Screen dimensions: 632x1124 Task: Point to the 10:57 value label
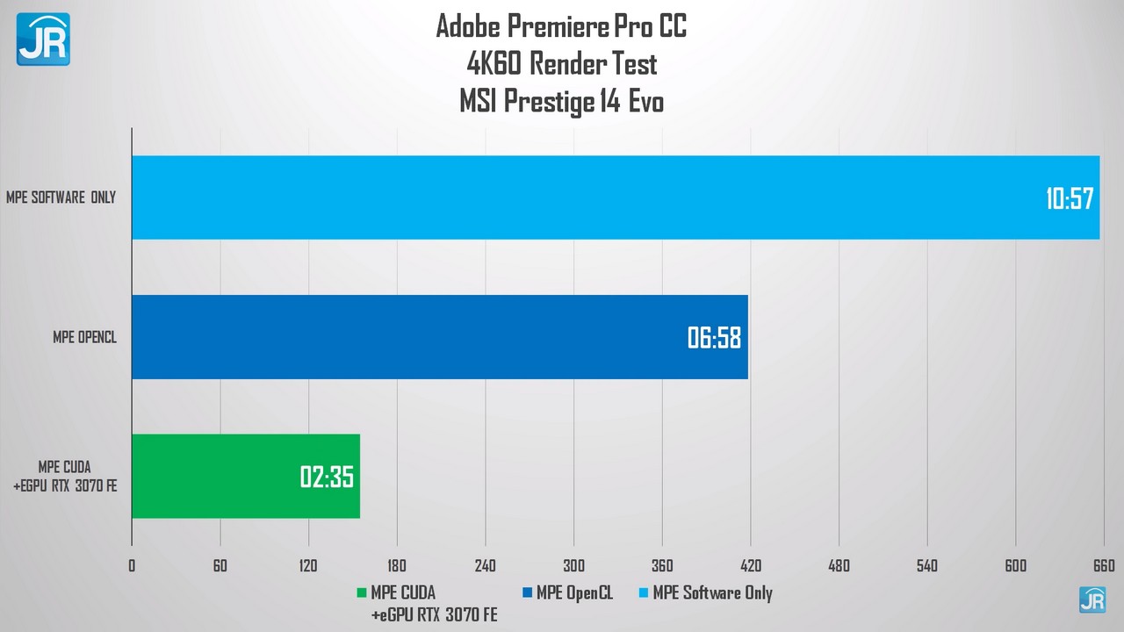point(1070,198)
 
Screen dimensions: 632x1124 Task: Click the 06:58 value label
point(715,338)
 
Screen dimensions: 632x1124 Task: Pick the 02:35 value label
point(327,478)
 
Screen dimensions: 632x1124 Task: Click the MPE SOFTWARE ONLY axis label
point(61,197)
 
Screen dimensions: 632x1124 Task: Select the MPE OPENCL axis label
point(84,337)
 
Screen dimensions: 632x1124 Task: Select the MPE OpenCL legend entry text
point(573,593)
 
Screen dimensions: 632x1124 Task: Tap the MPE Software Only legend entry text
point(712,593)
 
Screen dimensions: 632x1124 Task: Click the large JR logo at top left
point(43,39)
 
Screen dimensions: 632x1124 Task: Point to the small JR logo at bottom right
point(1092,600)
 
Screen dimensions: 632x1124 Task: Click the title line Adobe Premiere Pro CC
point(561,26)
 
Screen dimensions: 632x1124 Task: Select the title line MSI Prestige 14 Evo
point(561,102)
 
